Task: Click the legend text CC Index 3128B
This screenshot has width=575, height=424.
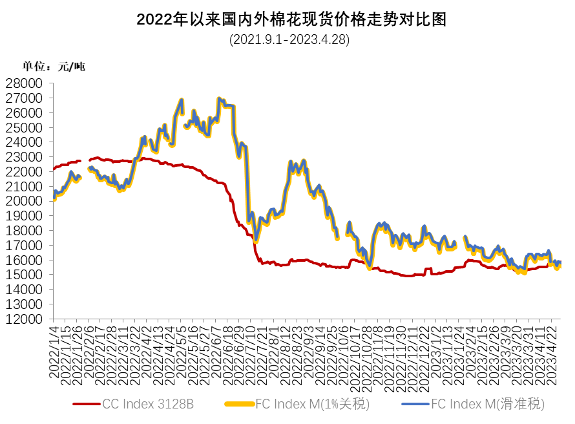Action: click(x=148, y=405)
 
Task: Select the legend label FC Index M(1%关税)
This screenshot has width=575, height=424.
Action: click(x=313, y=405)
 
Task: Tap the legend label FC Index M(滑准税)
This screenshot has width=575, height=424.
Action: click(x=488, y=405)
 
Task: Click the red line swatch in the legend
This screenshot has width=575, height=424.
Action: click(x=87, y=405)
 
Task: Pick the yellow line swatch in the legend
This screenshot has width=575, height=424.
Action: click(x=239, y=405)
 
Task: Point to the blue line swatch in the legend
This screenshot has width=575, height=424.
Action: click(x=415, y=405)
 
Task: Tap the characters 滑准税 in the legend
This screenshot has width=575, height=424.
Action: click(x=527, y=405)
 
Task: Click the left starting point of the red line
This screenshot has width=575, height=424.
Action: click(x=52, y=171)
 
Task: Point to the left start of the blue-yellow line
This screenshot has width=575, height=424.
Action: click(x=53, y=197)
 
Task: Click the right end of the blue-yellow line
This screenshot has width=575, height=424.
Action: click(x=559, y=264)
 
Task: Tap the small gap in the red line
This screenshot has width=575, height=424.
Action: click(x=85, y=160)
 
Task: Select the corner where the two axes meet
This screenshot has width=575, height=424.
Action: click(x=52, y=319)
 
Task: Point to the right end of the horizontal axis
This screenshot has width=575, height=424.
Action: click(x=560, y=319)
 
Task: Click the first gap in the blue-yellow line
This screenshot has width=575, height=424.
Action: click(x=84, y=173)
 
